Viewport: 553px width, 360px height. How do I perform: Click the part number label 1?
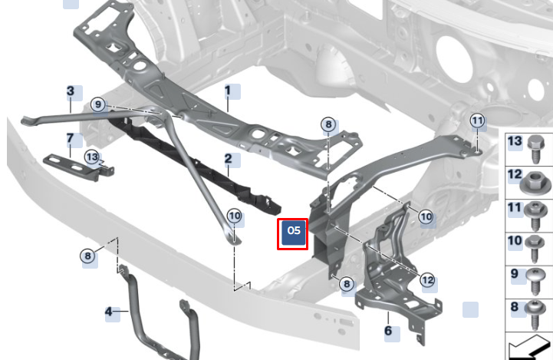pos(228,91)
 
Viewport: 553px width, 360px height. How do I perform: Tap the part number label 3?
pos(71,91)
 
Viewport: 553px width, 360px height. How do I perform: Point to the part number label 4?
pos(109,312)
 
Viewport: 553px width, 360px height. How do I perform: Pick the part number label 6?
pos(388,331)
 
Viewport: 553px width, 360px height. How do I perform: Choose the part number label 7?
pos(70,140)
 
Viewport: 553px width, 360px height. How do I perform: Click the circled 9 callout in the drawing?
pos(97,104)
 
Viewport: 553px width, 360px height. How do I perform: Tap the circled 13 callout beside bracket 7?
pos(92,157)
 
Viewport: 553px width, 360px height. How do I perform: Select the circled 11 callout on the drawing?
pos(477,121)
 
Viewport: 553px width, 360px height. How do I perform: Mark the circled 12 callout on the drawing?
pos(427,280)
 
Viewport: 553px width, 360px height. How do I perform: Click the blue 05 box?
pos(293,233)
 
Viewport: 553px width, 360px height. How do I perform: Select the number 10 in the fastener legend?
pos(515,241)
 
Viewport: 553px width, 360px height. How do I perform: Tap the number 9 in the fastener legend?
pos(515,274)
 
